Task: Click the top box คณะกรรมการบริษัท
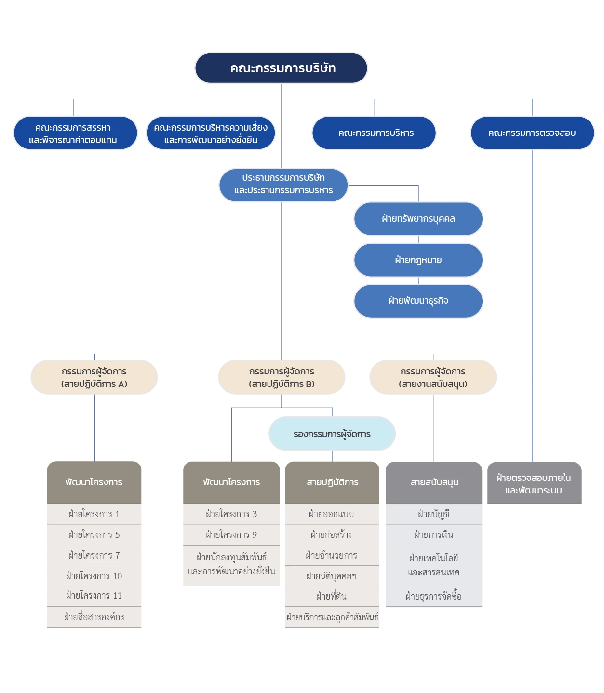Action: point(282,68)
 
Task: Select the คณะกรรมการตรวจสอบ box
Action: point(532,133)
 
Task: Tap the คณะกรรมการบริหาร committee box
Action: point(375,133)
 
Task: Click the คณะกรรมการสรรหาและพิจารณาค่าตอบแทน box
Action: point(74,133)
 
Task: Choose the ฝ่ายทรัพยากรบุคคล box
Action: point(418,219)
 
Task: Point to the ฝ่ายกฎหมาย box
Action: point(418,260)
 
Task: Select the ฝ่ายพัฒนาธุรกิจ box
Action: point(418,301)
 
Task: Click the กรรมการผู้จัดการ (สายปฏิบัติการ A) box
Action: point(94,378)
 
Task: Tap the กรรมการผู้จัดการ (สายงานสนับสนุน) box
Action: point(432,378)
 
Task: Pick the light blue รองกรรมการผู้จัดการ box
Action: point(332,434)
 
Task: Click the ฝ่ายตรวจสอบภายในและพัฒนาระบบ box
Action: point(533,483)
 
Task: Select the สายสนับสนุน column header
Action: point(434,482)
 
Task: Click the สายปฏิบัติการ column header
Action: point(332,482)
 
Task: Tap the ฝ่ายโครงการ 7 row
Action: point(94,555)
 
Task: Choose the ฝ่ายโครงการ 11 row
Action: point(94,596)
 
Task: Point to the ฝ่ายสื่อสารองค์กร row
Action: point(94,617)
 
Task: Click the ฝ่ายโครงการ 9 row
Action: point(231,534)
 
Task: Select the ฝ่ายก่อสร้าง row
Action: point(332,534)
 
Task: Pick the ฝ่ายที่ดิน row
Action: point(332,596)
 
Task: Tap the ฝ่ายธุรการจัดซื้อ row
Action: point(434,596)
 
